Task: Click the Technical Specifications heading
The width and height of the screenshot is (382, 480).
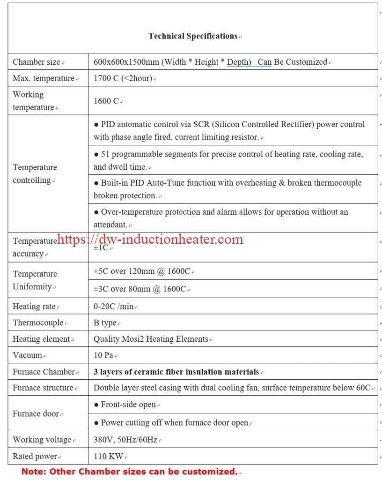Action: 193,36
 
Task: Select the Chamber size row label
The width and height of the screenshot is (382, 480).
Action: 37,62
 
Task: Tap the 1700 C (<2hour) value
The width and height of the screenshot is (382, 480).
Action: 123,78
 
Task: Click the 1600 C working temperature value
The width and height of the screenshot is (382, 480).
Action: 107,101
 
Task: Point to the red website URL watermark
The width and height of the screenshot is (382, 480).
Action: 150,240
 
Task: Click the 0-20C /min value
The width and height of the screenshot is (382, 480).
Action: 114,307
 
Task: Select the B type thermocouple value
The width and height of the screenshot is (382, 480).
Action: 105,323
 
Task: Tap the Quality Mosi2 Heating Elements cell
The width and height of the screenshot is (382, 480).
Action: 151,339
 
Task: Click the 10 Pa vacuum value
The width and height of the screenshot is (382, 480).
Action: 104,355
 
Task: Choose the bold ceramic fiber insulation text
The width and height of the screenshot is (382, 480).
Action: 176,372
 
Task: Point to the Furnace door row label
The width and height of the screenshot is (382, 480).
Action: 36,414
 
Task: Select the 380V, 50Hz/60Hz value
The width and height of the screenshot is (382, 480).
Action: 126,440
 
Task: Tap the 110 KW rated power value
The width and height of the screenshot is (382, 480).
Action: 109,456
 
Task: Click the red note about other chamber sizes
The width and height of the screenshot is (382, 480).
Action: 129,472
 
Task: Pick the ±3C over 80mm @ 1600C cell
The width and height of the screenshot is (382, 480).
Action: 140,289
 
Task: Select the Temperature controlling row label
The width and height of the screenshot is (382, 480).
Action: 35,174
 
